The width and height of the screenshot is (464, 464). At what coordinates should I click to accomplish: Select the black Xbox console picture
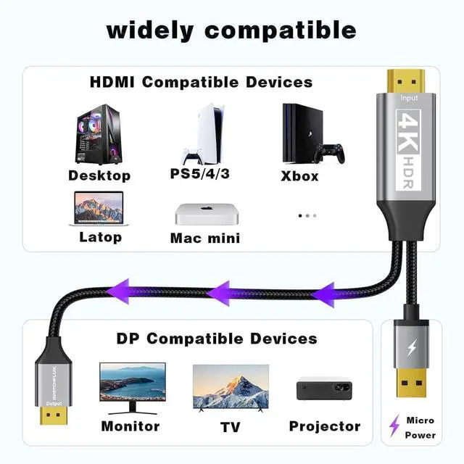[x=303, y=134]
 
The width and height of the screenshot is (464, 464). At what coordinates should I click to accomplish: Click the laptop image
[x=99, y=208]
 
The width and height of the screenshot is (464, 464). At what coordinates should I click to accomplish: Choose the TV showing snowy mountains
[x=231, y=387]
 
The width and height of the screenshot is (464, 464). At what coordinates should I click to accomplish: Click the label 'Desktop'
[x=99, y=175]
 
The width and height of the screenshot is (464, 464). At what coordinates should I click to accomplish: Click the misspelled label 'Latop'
[x=100, y=237]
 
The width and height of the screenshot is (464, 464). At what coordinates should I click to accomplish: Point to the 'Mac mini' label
[x=204, y=238]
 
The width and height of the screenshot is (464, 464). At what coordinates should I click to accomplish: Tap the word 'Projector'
[x=325, y=426]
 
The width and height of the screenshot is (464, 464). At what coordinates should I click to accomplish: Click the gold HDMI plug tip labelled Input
[x=407, y=80]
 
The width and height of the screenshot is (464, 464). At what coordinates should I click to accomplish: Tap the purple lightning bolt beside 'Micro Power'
[x=394, y=425]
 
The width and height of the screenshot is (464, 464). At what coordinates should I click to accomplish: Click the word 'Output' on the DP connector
[x=49, y=403]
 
